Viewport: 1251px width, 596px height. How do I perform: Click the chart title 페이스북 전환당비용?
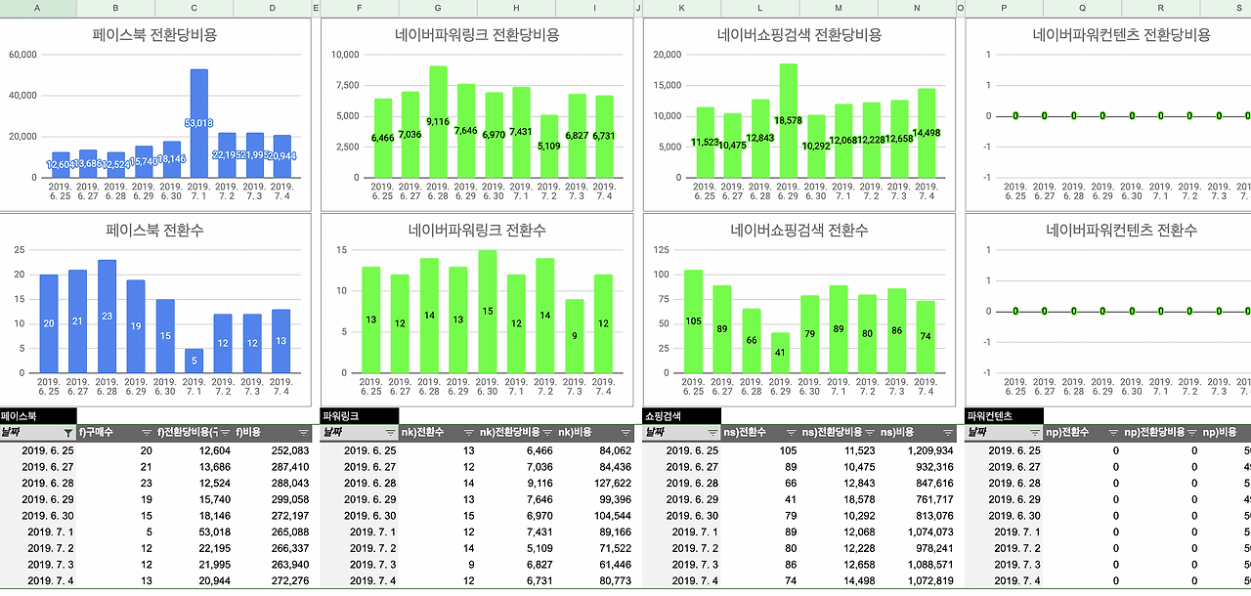coord(154,35)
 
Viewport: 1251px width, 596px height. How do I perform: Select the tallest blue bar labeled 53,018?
coord(198,123)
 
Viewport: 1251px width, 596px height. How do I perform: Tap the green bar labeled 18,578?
coord(789,120)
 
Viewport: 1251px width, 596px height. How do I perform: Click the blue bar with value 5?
coord(194,361)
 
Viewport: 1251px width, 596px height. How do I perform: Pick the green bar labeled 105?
coord(693,321)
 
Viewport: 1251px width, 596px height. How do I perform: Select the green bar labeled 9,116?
coord(438,122)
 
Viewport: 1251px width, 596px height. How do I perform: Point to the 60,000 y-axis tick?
coord(22,55)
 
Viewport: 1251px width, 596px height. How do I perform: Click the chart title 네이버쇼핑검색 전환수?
coord(798,231)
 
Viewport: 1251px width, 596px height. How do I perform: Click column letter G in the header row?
coord(437,8)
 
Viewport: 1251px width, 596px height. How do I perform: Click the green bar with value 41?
coord(780,353)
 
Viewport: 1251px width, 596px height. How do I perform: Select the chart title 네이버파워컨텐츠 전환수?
coord(1121,231)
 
